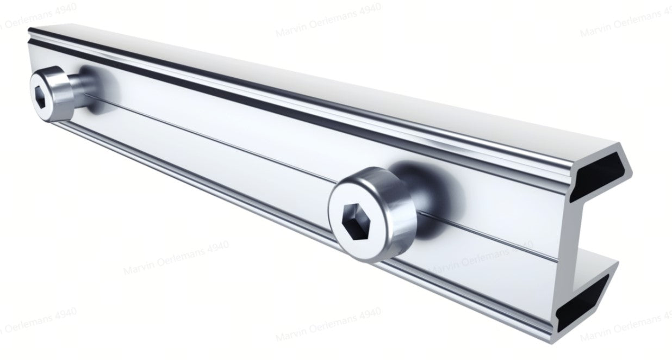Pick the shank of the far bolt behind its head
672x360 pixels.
[x=87, y=87]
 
